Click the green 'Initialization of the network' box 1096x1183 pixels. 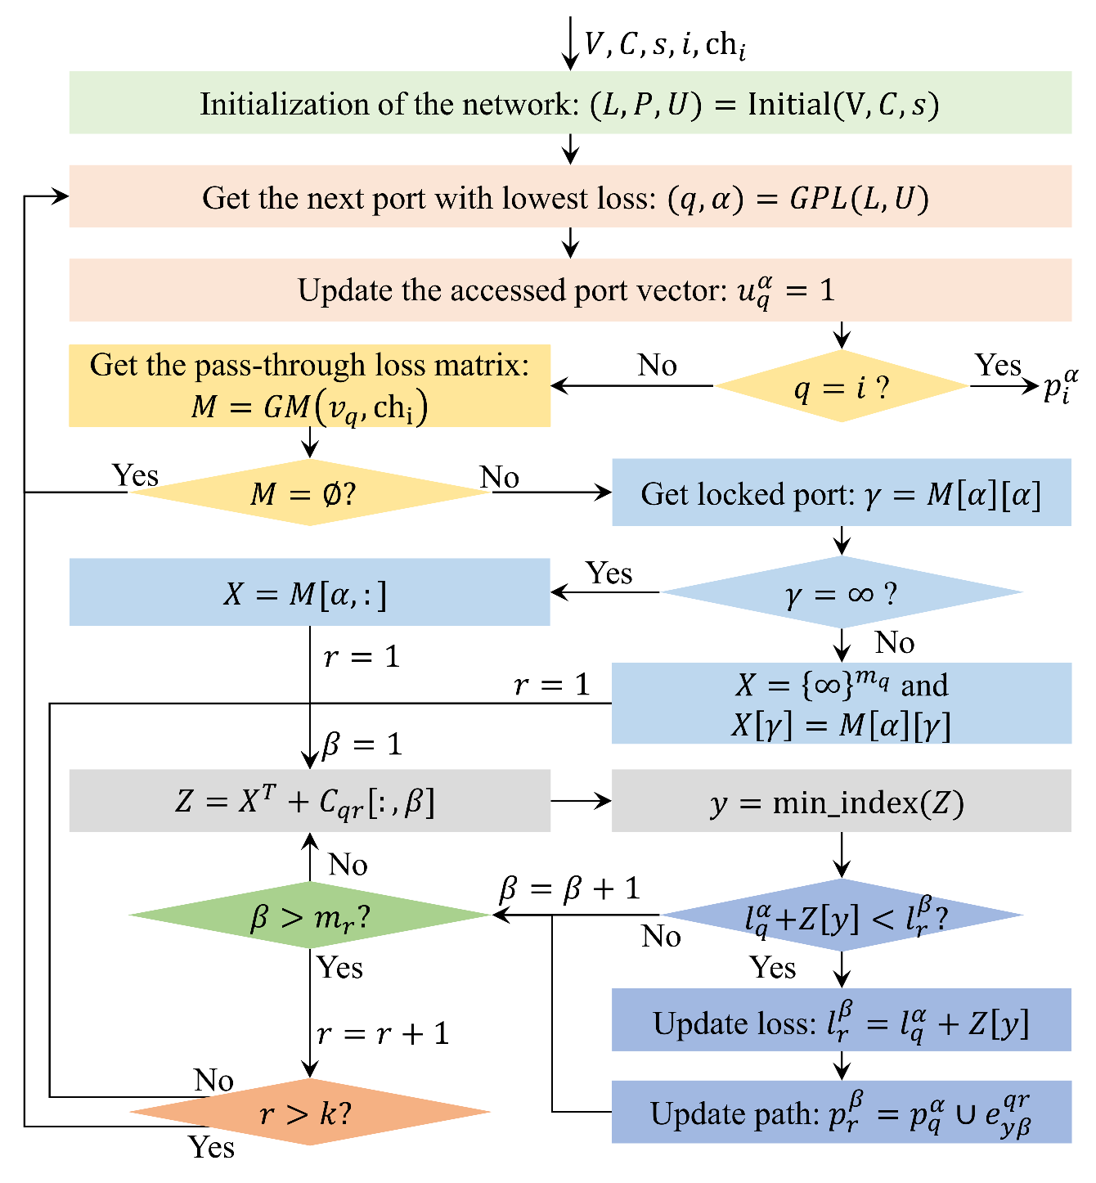click(570, 103)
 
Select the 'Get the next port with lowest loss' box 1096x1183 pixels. click(570, 197)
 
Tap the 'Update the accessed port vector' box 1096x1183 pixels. click(570, 290)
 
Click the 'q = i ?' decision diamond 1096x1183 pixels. click(841, 387)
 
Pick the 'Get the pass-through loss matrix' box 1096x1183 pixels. click(309, 386)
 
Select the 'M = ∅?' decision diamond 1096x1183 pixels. click(309, 493)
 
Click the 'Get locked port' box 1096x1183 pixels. click(841, 493)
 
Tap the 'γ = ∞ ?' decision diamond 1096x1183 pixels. click(841, 593)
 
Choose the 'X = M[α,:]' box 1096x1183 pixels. click(309, 593)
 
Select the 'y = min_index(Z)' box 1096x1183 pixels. click(841, 802)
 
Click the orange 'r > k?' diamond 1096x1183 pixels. click(309, 1113)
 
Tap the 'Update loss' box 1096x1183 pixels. click(841, 1021)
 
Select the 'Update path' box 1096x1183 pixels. click(841, 1113)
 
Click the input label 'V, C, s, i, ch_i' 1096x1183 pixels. click(664, 44)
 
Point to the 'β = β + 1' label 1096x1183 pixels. click(569, 888)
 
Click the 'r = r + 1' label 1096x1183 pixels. click(383, 1034)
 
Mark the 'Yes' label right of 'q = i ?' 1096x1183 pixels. click(998, 365)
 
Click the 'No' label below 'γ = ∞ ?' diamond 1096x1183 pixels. click(894, 643)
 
